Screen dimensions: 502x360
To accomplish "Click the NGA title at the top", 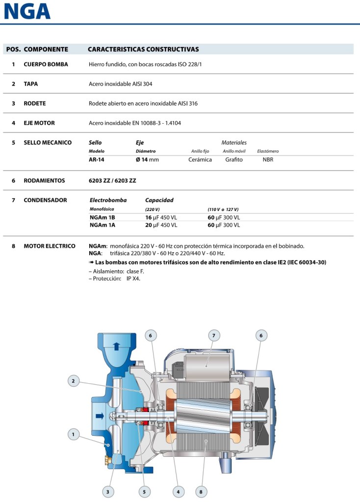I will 27,11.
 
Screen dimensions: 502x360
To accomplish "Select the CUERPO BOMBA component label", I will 46,64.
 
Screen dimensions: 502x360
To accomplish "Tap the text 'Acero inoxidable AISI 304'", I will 120,84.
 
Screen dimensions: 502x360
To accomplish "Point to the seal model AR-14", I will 97,159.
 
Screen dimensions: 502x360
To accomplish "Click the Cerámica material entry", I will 200,159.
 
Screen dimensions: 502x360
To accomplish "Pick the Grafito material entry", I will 234,159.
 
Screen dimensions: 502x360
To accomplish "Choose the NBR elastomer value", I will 268,159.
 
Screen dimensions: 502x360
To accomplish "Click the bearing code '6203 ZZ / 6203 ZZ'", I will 112,181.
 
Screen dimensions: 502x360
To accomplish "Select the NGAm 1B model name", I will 102,217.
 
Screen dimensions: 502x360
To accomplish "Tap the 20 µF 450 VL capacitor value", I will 161,225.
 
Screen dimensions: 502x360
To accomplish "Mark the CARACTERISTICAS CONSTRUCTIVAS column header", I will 143,50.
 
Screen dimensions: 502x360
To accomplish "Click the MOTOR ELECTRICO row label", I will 50,246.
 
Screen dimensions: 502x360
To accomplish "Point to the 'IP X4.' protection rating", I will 133,278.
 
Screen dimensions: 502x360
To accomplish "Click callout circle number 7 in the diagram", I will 213,336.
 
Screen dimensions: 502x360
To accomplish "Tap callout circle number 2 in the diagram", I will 73,380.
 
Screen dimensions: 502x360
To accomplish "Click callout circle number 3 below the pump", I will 108,491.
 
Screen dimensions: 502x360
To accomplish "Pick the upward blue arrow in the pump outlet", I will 116,346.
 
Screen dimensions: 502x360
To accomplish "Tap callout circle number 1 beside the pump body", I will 73,434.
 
